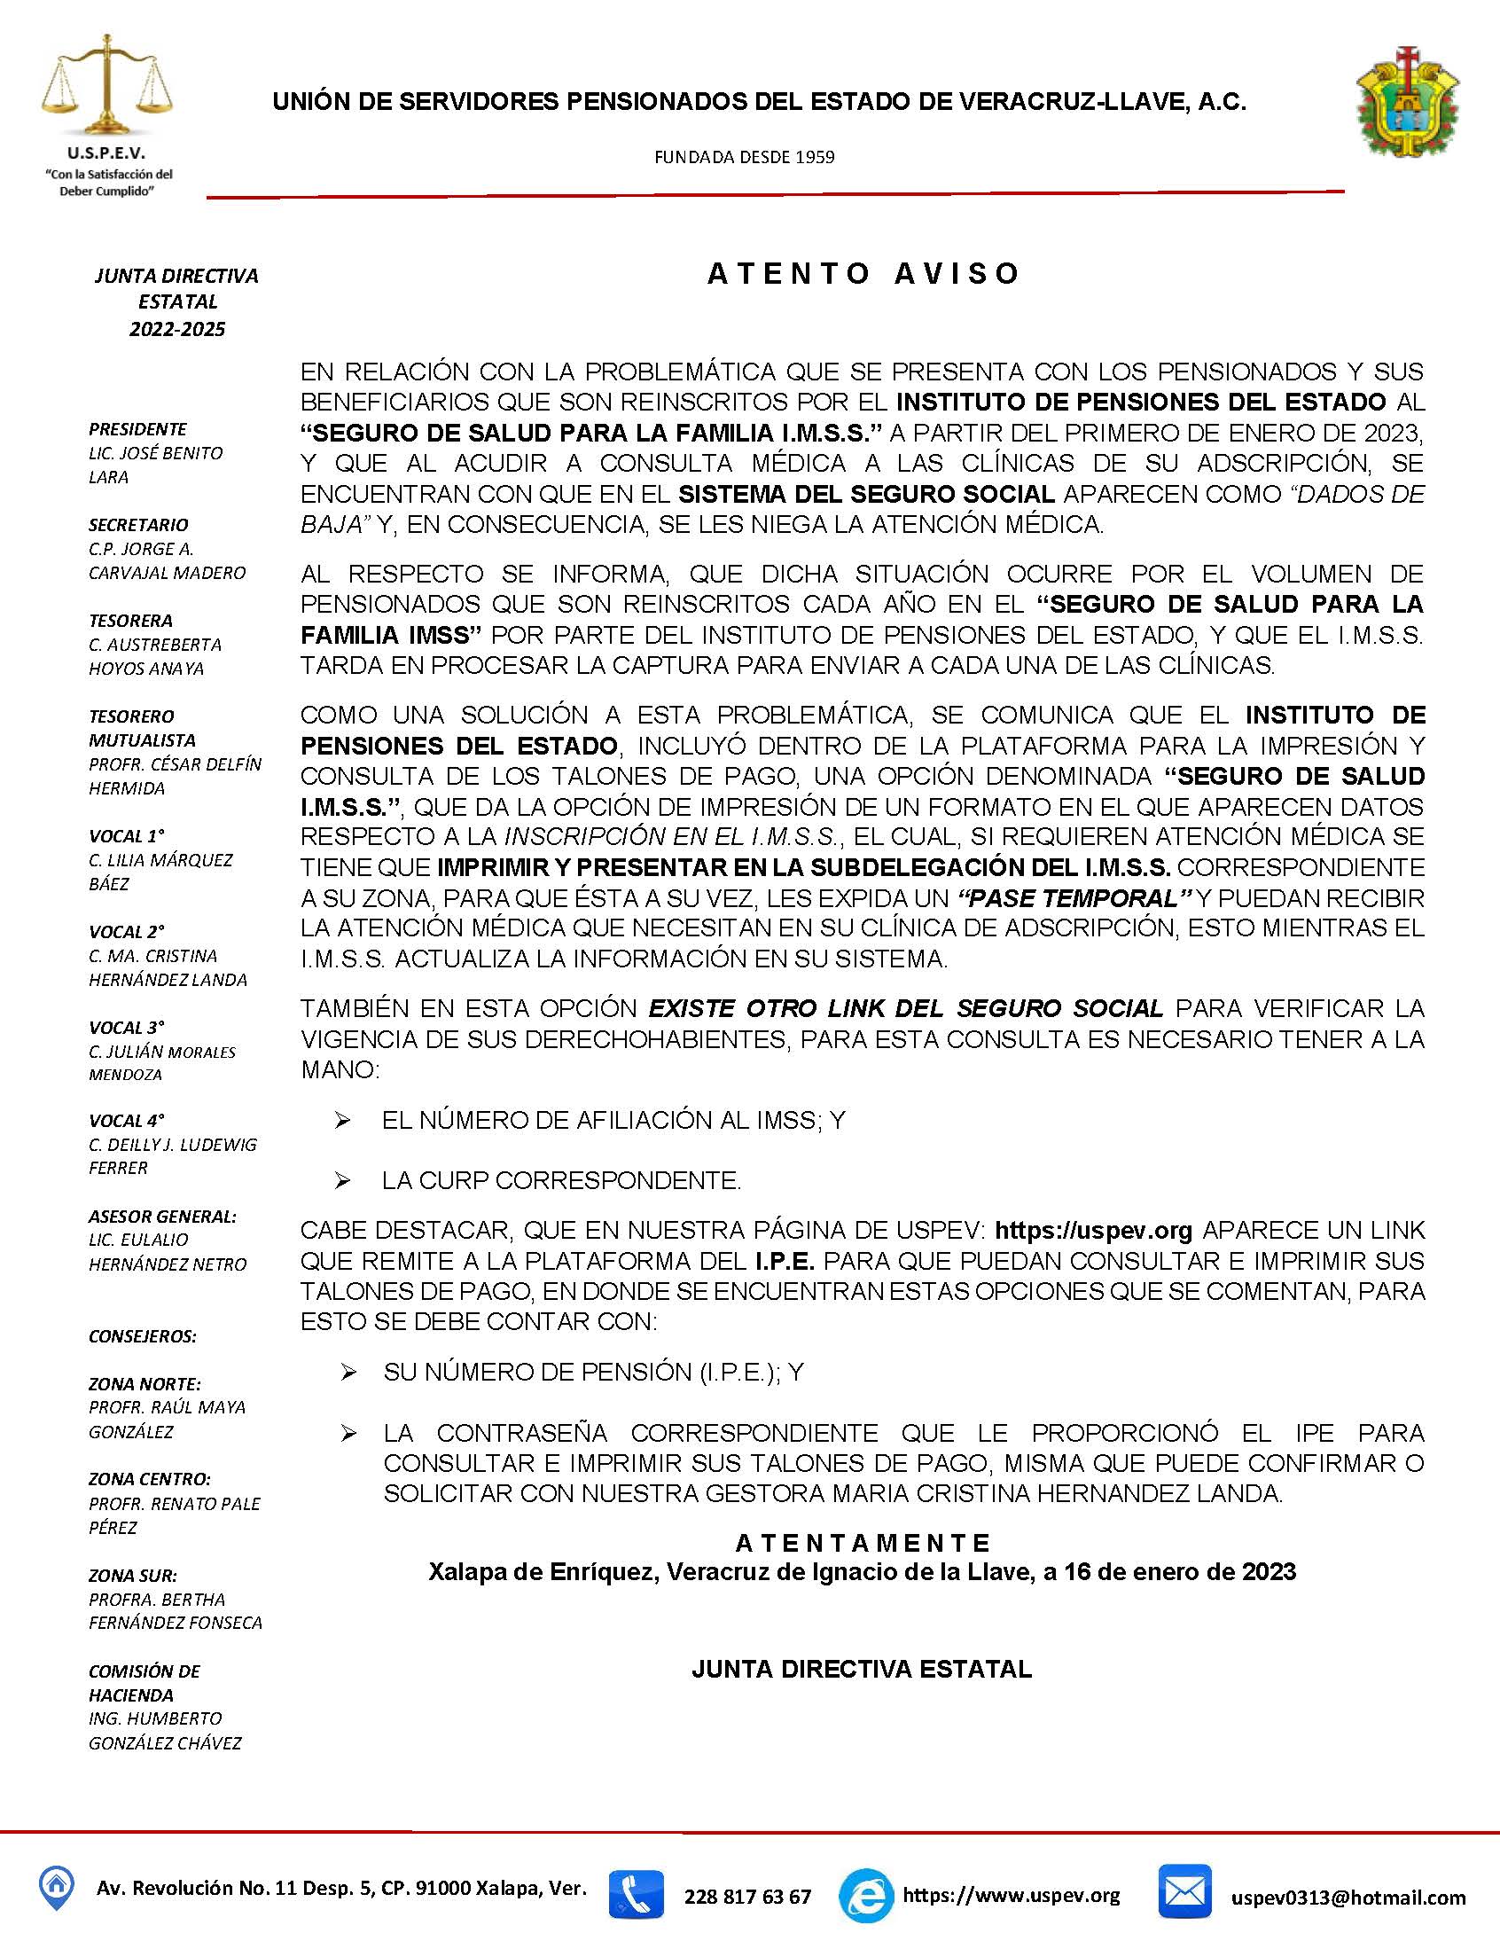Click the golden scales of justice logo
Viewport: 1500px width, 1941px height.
tap(106, 85)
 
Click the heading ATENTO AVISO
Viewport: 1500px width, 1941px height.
tap(863, 274)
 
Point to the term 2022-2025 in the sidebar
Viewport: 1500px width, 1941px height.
tap(176, 329)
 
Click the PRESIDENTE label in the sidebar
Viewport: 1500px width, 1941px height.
tap(137, 428)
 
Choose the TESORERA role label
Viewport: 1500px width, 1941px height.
tap(130, 621)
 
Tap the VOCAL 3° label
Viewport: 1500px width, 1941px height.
tap(127, 1028)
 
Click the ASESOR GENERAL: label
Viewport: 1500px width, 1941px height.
tap(162, 1216)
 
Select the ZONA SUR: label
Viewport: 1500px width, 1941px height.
tap(132, 1576)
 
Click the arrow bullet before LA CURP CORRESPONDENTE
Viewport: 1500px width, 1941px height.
tap(343, 1180)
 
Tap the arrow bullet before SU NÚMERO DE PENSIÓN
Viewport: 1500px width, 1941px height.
tap(348, 1374)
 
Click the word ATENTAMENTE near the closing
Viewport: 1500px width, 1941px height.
tap(863, 1542)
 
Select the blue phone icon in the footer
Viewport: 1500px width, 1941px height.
tap(636, 1895)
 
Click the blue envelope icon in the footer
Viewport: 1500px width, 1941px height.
tap(1184, 1891)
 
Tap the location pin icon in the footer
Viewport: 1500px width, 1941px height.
tap(55, 1887)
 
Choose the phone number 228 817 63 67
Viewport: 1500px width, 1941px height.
tap(747, 1897)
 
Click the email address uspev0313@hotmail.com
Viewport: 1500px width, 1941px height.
tap(1348, 1898)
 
